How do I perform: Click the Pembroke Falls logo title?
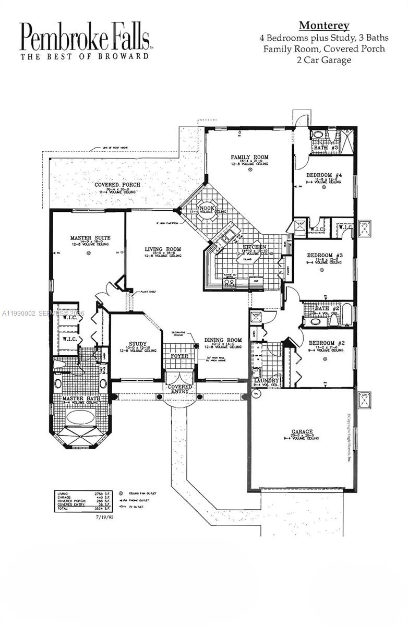click(x=85, y=37)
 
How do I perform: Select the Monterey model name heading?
click(x=323, y=26)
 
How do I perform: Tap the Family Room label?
click(x=250, y=157)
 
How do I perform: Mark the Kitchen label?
click(x=254, y=247)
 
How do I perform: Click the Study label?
click(x=137, y=344)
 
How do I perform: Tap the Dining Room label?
click(x=223, y=340)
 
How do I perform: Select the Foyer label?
click(x=179, y=356)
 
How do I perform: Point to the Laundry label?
click(x=266, y=381)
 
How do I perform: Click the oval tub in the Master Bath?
click(x=79, y=417)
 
